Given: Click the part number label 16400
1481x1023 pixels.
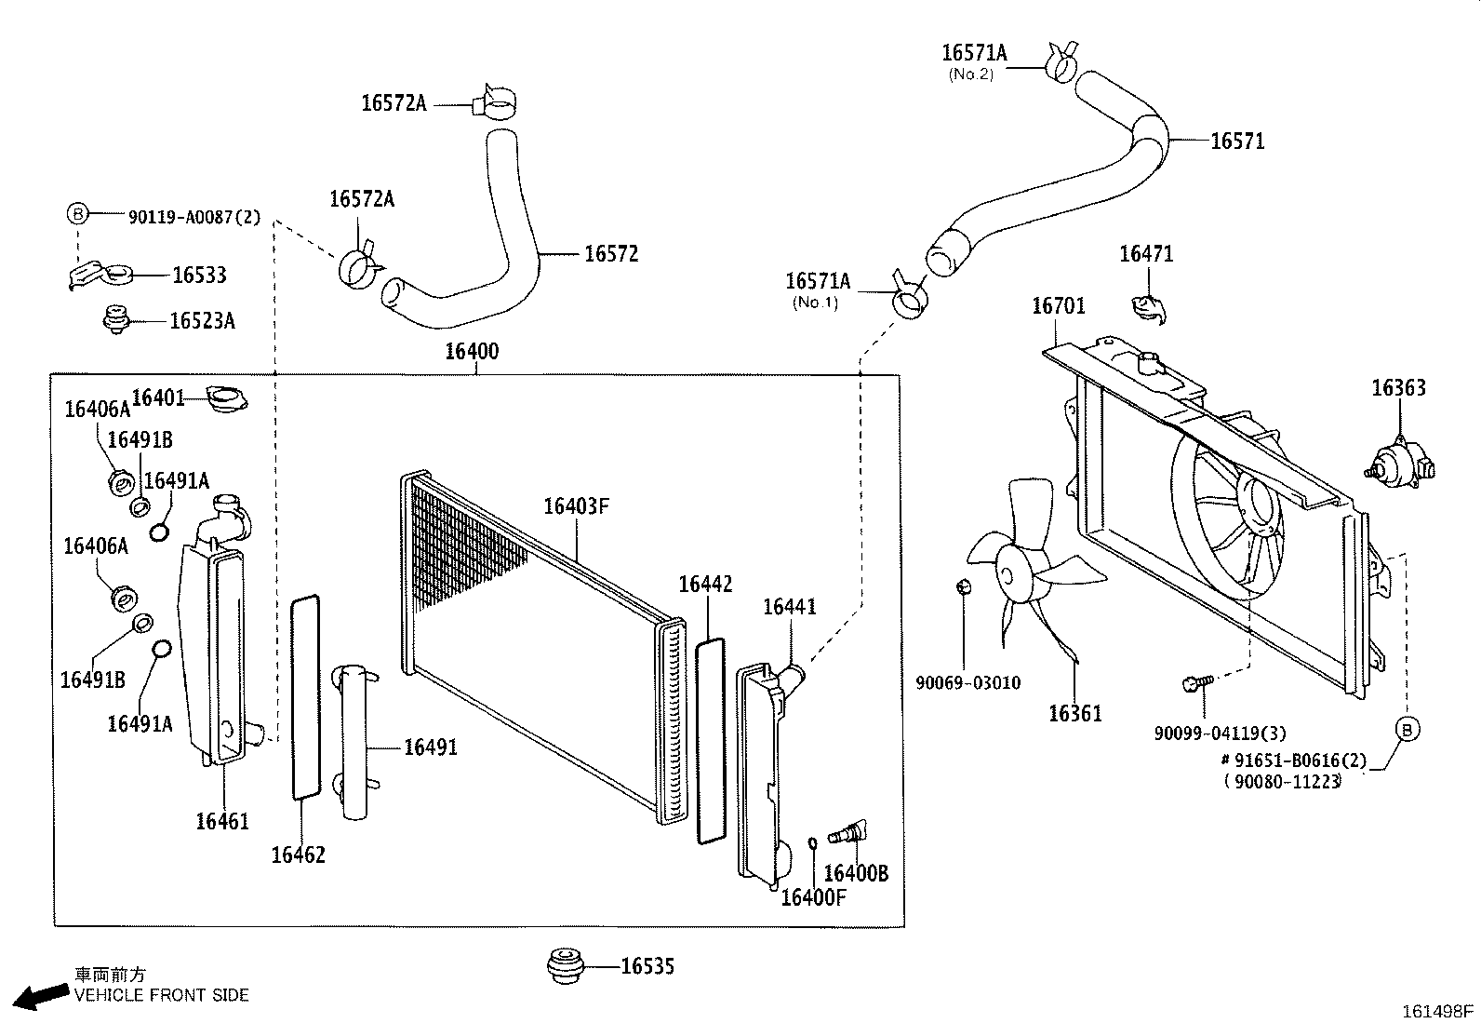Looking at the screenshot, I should (x=471, y=351).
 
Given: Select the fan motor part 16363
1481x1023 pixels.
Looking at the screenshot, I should (x=1398, y=460).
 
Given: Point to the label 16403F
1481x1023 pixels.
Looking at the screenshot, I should (x=576, y=506).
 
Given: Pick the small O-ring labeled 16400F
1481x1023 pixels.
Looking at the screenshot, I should (x=812, y=843).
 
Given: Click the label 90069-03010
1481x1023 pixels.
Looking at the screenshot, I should (x=967, y=683).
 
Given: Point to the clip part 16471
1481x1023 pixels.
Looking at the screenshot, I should (x=1146, y=308).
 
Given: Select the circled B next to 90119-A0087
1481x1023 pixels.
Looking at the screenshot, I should (x=77, y=215).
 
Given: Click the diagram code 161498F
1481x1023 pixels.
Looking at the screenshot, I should (x=1438, y=1010).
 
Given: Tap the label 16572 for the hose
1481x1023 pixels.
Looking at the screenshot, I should (x=610, y=254).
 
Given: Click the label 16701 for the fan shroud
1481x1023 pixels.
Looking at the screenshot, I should (x=1058, y=306).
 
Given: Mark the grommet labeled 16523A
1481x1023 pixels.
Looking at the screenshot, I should (x=114, y=319).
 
